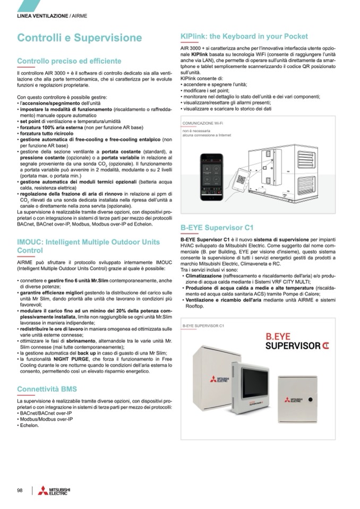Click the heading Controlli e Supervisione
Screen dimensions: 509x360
tap(80, 38)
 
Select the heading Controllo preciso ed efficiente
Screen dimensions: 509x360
tap(69, 62)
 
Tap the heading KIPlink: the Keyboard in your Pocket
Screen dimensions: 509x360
tap(244, 37)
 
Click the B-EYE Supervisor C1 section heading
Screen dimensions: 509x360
tap(217, 228)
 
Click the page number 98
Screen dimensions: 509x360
tap(20, 490)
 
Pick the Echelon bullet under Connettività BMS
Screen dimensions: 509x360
tap(29, 425)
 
